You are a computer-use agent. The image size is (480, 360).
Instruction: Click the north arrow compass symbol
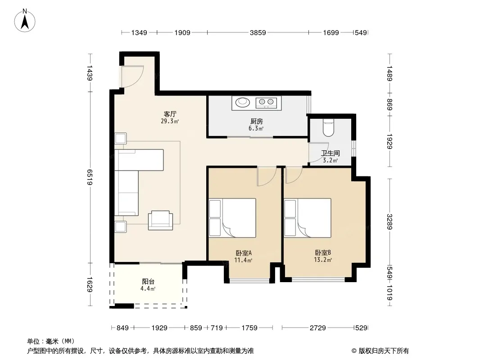(25, 20)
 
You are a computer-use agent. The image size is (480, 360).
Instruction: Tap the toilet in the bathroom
(328, 128)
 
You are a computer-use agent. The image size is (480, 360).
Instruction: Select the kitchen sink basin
(242, 102)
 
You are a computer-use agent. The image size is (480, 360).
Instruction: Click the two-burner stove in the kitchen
(266, 102)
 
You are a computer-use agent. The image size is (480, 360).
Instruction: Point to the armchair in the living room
(160, 220)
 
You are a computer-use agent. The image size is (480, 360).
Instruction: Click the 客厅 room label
(170, 114)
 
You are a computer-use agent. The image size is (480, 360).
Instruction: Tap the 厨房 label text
(256, 121)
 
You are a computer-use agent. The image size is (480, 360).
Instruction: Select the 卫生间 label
(331, 153)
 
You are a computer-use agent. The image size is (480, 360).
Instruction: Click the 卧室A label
(243, 253)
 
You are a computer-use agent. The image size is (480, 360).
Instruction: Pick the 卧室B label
(323, 252)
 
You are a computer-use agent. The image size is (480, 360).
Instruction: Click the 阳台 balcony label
(148, 281)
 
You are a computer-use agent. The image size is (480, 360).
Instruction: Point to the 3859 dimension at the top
(258, 32)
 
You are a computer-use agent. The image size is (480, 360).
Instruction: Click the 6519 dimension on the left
(90, 177)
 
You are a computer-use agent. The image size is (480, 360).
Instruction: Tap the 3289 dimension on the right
(389, 221)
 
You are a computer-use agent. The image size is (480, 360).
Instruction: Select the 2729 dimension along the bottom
(318, 328)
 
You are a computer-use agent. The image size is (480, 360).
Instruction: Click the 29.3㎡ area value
(170, 121)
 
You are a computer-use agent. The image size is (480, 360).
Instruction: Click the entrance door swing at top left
(132, 76)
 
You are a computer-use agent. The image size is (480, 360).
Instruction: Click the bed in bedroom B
(308, 218)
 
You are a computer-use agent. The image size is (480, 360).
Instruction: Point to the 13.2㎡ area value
(323, 260)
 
